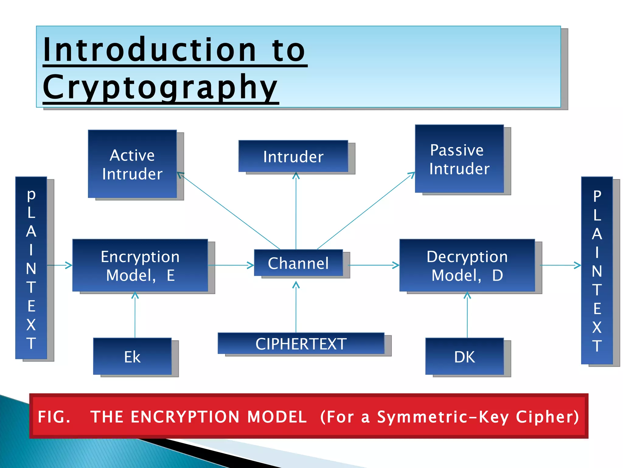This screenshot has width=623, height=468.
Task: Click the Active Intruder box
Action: tap(132, 164)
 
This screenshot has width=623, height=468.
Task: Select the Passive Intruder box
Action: tap(459, 159)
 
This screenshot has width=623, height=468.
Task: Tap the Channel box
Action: tap(298, 263)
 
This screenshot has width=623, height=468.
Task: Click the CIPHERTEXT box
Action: tap(301, 343)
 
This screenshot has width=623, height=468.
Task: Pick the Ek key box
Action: tap(132, 356)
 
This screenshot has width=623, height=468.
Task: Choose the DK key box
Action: tap(465, 356)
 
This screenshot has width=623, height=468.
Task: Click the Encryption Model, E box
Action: tap(140, 265)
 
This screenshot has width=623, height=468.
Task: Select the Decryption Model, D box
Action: tap(467, 265)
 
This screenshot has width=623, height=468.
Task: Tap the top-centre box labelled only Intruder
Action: tap(293, 156)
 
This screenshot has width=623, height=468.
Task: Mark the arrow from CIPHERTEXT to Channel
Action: tap(296, 308)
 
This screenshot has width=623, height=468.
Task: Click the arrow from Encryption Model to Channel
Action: tap(231, 265)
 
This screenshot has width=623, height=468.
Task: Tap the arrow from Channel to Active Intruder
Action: tap(228, 211)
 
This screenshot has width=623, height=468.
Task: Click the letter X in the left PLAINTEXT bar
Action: tap(31, 325)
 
